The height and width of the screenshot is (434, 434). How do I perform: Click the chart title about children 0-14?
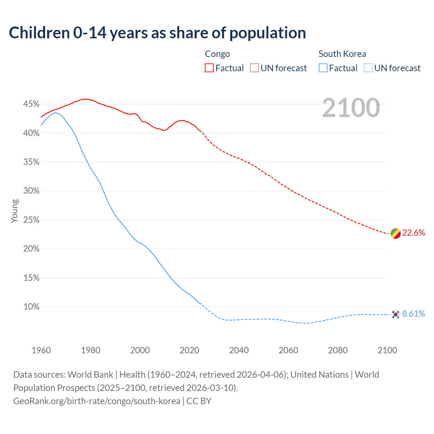157,33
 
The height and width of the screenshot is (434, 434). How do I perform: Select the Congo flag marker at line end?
396,233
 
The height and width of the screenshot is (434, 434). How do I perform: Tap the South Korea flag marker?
395,314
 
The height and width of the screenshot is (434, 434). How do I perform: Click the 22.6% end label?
413,233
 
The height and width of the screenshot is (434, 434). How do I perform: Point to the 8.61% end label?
413,314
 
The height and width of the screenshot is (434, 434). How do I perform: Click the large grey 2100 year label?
351,108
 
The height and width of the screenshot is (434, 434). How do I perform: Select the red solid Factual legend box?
209,68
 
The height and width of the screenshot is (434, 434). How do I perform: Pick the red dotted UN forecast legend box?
254,68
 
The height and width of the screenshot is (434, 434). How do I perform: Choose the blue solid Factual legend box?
323,68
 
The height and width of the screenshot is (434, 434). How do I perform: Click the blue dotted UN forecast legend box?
368,68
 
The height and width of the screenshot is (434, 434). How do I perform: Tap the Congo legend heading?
217,54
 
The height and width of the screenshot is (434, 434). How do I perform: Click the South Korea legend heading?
342,54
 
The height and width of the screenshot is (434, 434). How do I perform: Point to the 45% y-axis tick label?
31,104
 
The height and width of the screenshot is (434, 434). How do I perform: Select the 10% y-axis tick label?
31,307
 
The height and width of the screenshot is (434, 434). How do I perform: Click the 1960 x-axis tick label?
41,350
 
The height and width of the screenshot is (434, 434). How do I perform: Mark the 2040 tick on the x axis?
239,350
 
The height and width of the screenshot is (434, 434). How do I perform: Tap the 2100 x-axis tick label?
387,350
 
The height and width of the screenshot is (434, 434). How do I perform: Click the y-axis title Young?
14,211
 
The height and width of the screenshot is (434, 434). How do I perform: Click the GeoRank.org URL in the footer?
97,401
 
